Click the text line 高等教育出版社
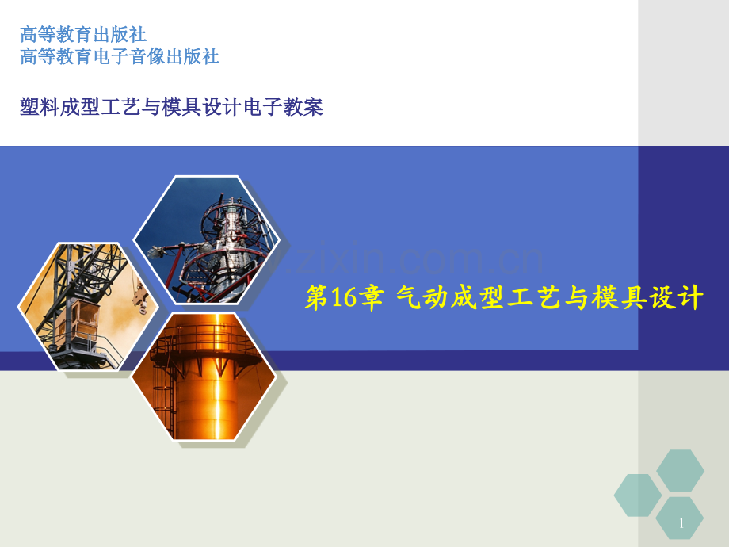coord(83,35)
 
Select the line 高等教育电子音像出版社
coord(120,56)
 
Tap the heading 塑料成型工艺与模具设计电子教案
coord(172,107)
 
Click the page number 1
coord(681,524)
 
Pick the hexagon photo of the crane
coord(87,306)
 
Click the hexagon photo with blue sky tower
coord(206,240)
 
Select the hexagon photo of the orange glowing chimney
coord(204,375)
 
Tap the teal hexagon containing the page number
coord(680,518)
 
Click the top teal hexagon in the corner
coord(680,471)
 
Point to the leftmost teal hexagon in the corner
coord(638,495)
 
